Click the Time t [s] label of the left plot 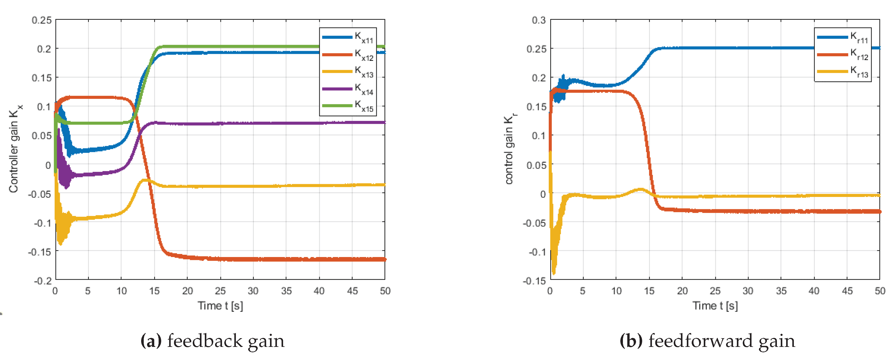[220, 306]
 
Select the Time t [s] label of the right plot [715, 306]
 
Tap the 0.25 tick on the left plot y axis [42, 20]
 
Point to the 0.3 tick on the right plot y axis [538, 20]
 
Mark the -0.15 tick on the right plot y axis [535, 280]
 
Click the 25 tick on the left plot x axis [220, 291]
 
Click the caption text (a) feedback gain [213, 341]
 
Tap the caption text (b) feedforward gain [707, 341]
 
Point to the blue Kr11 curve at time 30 [748, 48]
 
